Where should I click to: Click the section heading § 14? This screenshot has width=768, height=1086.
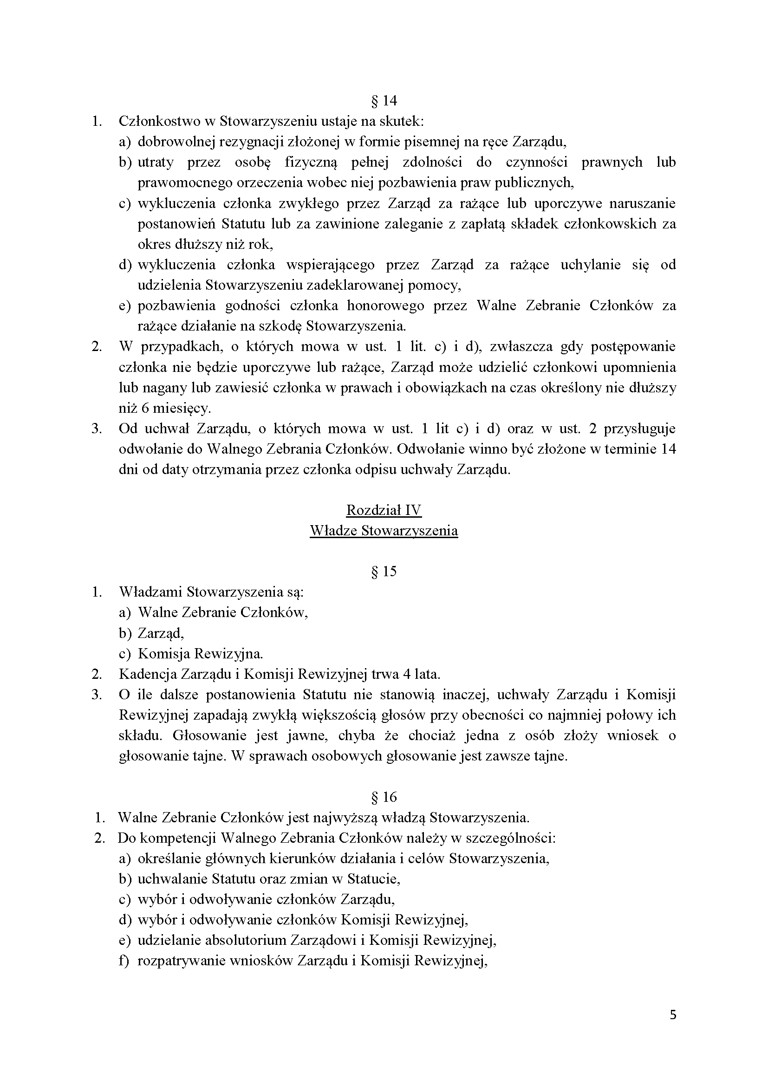pos(384,101)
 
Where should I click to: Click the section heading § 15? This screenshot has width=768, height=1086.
pos(384,572)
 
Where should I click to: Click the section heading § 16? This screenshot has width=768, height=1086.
pos(384,797)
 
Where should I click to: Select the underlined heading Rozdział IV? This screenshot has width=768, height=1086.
pos(384,510)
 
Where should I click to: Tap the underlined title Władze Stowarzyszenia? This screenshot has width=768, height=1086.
pos(384,531)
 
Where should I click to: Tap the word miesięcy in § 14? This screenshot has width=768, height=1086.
pos(180,408)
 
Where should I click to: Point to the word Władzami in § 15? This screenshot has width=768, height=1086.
pos(150,592)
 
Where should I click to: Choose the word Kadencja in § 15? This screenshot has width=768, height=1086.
pos(145,674)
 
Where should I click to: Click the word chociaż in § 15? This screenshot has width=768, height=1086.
pos(432,735)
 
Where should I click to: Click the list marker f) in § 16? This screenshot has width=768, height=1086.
pos(124,961)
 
